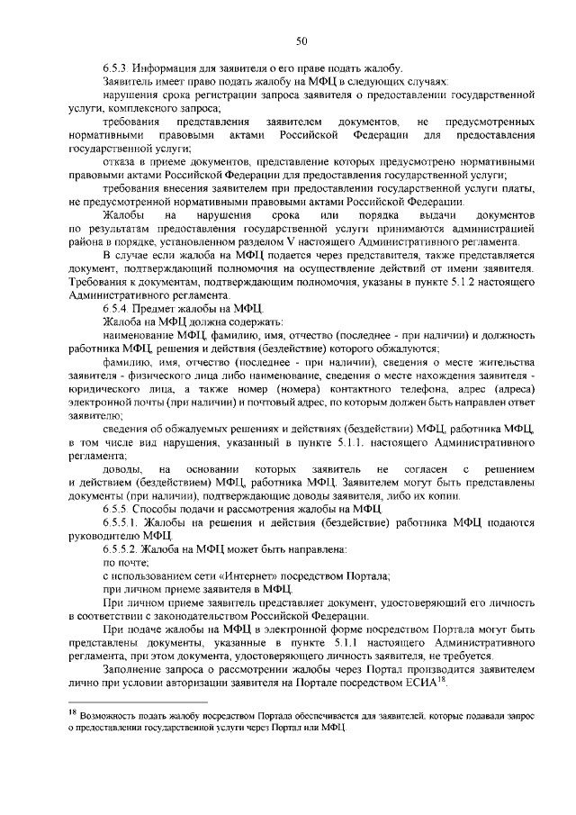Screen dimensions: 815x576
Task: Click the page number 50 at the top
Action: coord(301,39)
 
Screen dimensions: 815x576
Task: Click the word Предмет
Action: coord(159,308)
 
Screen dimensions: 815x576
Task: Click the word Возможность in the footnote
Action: coord(113,715)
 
